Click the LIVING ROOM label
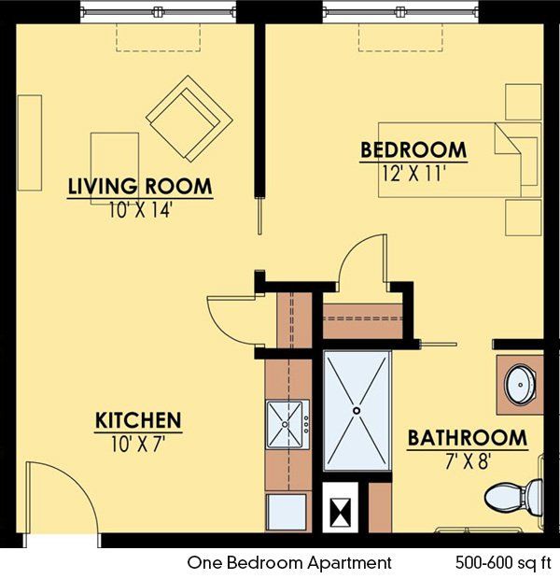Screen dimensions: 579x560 (140, 186)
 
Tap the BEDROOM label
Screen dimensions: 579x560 (413, 149)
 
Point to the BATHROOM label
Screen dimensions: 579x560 (468, 437)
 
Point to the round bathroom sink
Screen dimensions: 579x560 (519, 383)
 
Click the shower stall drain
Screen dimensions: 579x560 (356, 409)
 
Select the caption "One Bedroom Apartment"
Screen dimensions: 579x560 (289, 562)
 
